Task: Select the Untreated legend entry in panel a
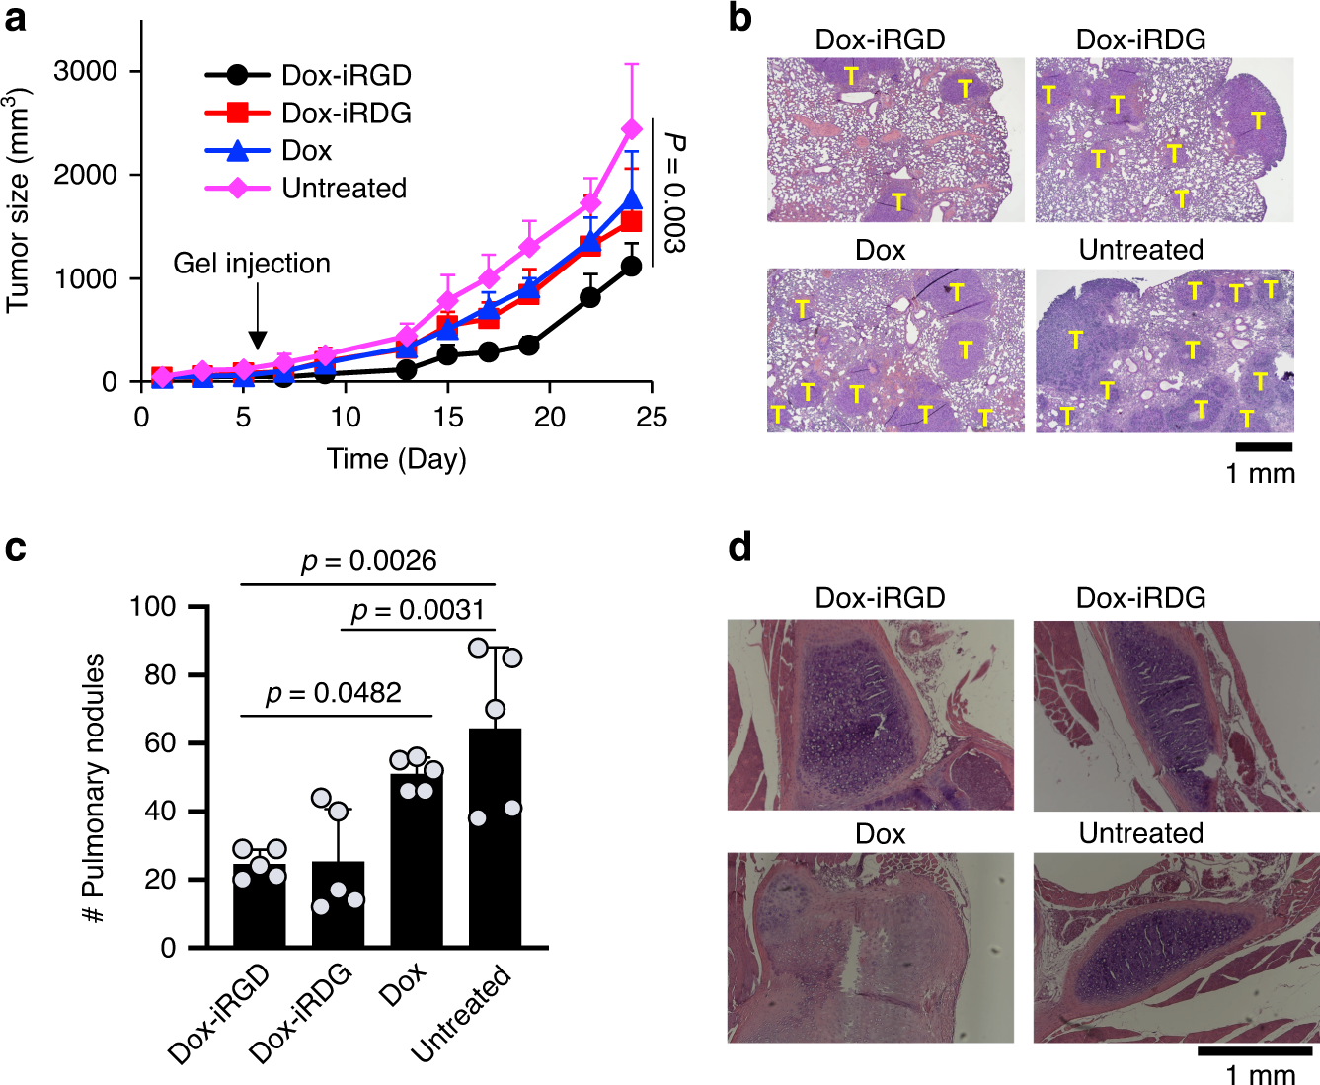(306, 189)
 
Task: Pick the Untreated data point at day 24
(631, 130)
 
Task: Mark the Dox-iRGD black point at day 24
(631, 266)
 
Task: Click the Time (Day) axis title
(397, 459)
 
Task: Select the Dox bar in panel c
(417, 859)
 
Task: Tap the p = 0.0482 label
(334, 694)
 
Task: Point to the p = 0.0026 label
(368, 561)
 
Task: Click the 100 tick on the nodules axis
(153, 606)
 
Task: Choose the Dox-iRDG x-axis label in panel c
(301, 1013)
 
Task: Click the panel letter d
(740, 546)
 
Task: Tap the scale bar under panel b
(1263, 447)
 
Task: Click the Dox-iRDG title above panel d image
(1140, 598)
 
